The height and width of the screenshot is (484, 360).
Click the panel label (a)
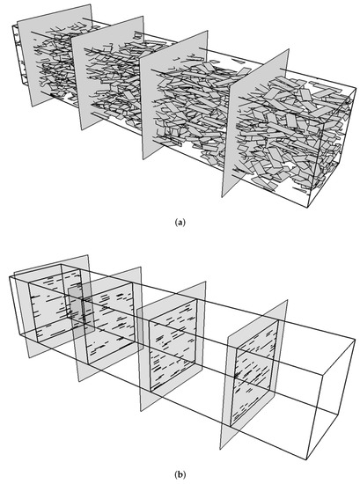(x=180, y=223)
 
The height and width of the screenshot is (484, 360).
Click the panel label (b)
(x=180, y=475)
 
